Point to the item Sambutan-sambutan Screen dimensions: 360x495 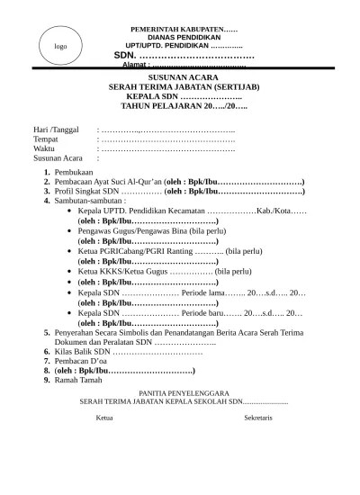coord(88,201)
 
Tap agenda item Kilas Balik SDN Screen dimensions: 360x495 coord(82,353)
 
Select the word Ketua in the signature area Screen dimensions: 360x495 coord(104,418)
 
